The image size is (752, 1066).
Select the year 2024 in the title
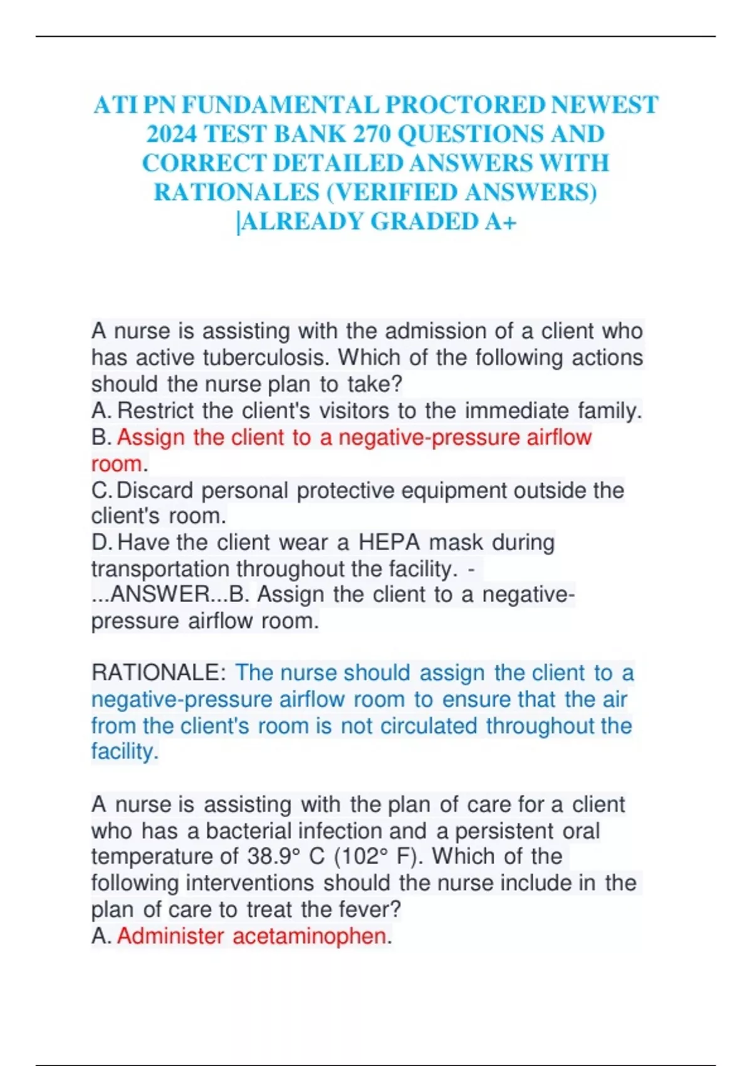coord(171,134)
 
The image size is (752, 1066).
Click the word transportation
coord(161,569)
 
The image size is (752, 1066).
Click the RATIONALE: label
coord(159,673)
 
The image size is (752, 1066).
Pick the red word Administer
coord(170,936)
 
